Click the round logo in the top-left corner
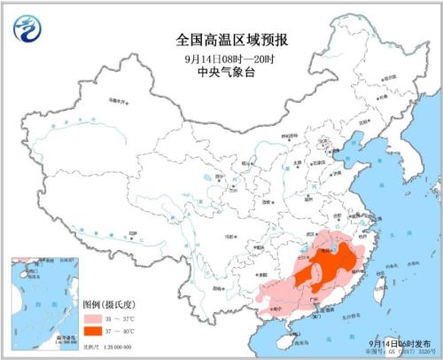28,28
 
